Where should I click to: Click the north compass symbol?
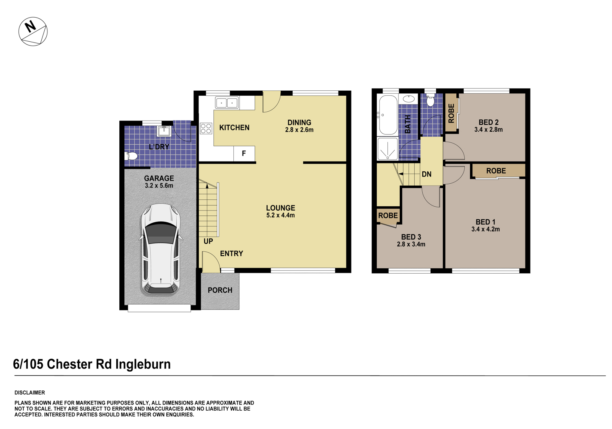pyautogui.click(x=33, y=31)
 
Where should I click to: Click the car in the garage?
pyautogui.click(x=161, y=249)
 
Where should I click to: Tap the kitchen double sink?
pyautogui.click(x=227, y=103)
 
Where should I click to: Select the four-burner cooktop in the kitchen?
pyautogui.click(x=206, y=128)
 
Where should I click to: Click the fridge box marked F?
pyautogui.click(x=244, y=153)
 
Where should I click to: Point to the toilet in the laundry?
pyautogui.click(x=131, y=156)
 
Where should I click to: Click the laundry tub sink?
pyautogui.click(x=164, y=131)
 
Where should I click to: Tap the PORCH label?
pyautogui.click(x=220, y=290)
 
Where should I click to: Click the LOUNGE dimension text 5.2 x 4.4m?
pyautogui.click(x=280, y=215)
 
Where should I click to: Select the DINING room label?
pyautogui.click(x=299, y=122)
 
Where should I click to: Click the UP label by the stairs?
pyautogui.click(x=208, y=241)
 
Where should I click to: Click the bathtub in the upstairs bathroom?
pyautogui.click(x=387, y=114)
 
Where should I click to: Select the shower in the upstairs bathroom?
pyautogui.click(x=387, y=149)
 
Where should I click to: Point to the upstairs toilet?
pyautogui.click(x=430, y=101)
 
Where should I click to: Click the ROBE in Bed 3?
pyautogui.click(x=388, y=215)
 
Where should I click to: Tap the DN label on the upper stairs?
pyautogui.click(x=426, y=175)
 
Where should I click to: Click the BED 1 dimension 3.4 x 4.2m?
pyautogui.click(x=485, y=229)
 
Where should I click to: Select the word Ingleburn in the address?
pyautogui.click(x=143, y=364)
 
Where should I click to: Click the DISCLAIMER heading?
pyautogui.click(x=29, y=393)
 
